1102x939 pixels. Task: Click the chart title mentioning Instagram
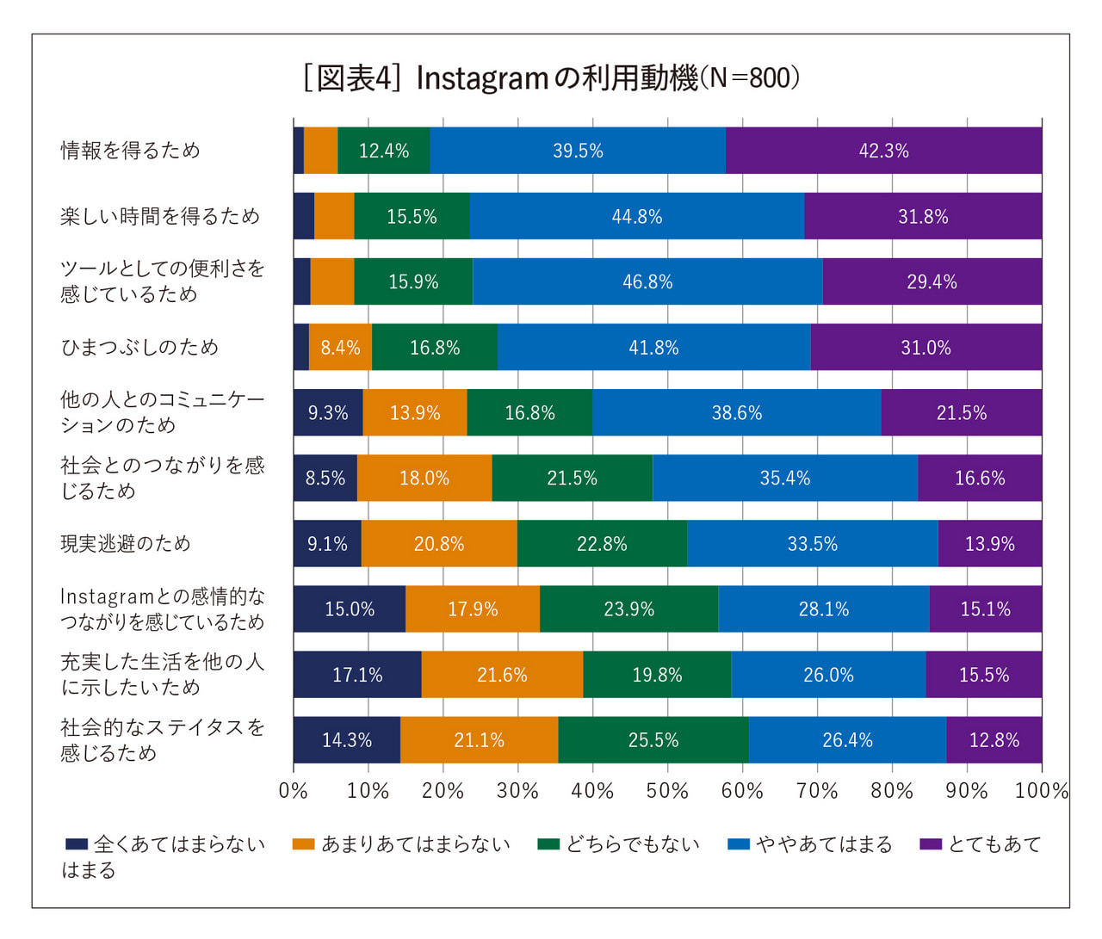point(551,78)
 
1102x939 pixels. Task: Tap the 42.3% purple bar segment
point(883,151)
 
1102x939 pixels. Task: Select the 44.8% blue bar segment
point(637,216)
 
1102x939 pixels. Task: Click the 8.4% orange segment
point(340,348)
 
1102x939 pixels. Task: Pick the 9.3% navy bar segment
point(328,413)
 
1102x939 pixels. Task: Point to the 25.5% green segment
point(653,740)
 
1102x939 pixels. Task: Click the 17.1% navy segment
point(357,675)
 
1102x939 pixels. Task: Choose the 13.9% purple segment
point(989,544)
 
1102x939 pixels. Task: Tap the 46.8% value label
point(647,282)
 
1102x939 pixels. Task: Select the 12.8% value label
point(994,740)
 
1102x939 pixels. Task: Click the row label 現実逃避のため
point(126,544)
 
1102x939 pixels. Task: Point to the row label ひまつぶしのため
point(139,348)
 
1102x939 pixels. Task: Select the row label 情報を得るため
point(130,151)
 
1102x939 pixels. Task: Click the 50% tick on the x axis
point(667,791)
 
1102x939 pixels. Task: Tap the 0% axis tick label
point(294,791)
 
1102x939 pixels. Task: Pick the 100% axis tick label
point(1041,791)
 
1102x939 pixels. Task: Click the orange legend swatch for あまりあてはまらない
point(304,844)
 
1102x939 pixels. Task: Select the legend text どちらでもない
point(633,844)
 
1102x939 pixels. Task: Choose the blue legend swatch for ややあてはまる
point(739,844)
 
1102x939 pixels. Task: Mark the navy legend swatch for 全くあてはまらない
point(77,844)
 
